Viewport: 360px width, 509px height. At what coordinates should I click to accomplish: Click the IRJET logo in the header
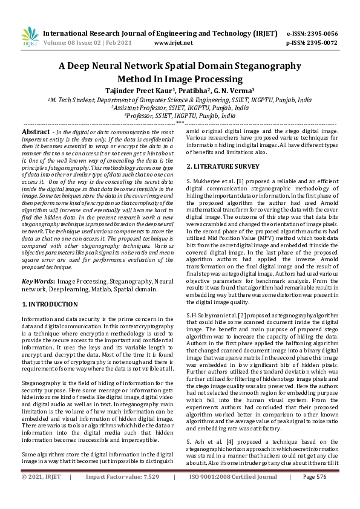coord(29,37)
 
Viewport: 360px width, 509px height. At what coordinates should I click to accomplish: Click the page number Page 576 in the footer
coord(314,494)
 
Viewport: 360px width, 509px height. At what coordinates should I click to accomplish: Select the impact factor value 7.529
coord(148,494)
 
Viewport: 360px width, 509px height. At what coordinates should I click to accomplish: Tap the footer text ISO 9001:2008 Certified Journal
coord(234,494)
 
